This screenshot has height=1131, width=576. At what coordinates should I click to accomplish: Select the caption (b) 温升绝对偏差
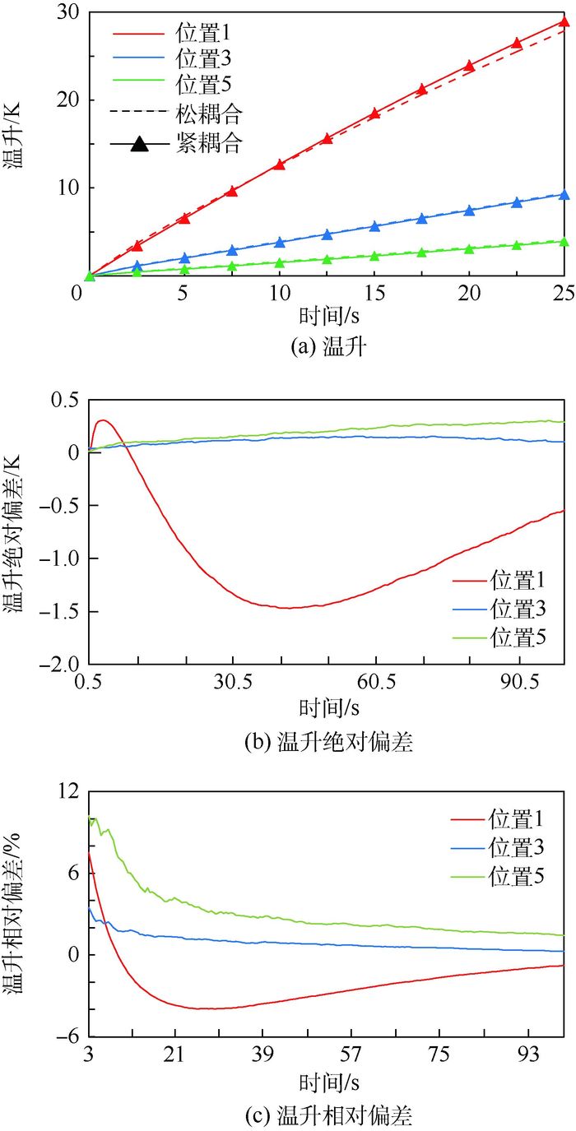coord(328,742)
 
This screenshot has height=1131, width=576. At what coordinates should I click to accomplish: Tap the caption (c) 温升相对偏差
coord(328,1116)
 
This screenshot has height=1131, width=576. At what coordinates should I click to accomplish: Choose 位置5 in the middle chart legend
coord(517,636)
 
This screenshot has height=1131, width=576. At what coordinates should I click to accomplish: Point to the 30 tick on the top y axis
coord(67,13)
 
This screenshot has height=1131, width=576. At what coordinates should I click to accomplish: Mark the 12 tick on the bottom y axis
coord(67,790)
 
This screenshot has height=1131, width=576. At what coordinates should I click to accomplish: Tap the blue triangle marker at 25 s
coord(564,195)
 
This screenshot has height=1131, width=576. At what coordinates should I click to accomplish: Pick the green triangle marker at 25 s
coord(564,242)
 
